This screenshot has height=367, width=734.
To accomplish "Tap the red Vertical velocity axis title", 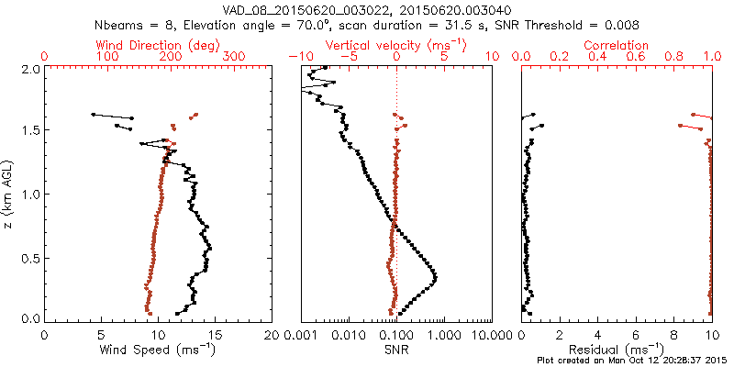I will (x=396, y=45).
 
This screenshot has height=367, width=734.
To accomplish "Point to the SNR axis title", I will (x=396, y=350).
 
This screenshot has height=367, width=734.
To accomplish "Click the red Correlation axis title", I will (x=617, y=45).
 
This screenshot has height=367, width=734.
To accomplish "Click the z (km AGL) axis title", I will (x=8, y=195).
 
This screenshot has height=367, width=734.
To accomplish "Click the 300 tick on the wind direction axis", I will (x=235, y=57).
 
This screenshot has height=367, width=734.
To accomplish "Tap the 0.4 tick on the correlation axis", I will (x=597, y=57).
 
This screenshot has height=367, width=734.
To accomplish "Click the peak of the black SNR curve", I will (x=435, y=277).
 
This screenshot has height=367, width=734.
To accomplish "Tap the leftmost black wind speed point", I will (x=94, y=115).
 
